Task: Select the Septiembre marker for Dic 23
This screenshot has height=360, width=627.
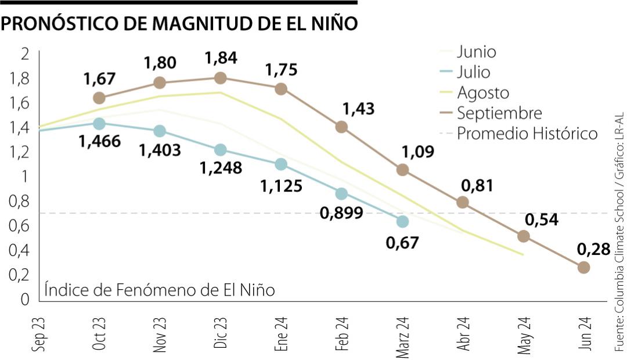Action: point(221,78)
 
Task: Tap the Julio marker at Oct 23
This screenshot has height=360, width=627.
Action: point(99,124)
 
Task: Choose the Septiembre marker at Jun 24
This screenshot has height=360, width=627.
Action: point(583,267)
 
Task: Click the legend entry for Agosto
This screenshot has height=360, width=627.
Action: point(482,93)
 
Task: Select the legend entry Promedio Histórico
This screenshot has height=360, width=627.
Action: point(527,134)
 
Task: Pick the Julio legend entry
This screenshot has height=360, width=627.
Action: point(473,73)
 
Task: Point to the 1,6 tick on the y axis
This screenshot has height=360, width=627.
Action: point(20,103)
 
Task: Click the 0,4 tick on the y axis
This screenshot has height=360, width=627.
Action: point(20,250)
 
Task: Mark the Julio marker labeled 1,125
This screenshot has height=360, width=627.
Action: point(281,164)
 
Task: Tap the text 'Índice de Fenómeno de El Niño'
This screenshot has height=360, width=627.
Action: point(159,289)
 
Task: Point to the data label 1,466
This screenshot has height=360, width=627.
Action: point(101,141)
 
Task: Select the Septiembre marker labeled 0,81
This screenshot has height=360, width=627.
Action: point(463,202)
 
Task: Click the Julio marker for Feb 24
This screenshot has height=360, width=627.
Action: point(341,193)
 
